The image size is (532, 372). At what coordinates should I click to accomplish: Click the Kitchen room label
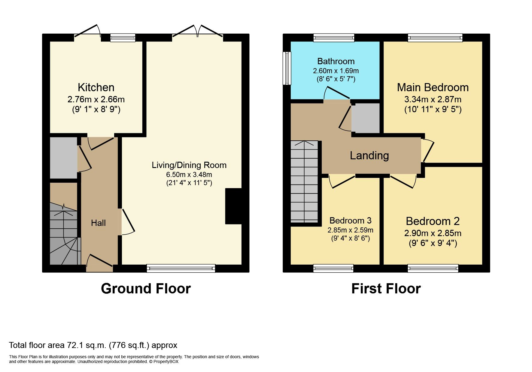pyautogui.click(x=96, y=88)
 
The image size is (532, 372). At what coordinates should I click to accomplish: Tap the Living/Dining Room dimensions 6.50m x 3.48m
pyautogui.click(x=189, y=175)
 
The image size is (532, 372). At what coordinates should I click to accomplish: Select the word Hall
pyautogui.click(x=98, y=223)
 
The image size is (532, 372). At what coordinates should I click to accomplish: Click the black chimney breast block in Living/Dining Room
pyautogui.click(x=233, y=206)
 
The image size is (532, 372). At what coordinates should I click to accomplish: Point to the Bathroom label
pyautogui.click(x=336, y=61)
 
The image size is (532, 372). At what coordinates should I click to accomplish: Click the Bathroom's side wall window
pyautogui.click(x=287, y=68)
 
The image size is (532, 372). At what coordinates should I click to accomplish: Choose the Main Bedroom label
pyautogui.click(x=433, y=88)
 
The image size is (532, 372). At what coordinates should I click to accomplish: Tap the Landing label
pyautogui.click(x=369, y=155)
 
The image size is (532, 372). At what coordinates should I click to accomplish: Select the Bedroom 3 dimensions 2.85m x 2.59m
pyautogui.click(x=350, y=230)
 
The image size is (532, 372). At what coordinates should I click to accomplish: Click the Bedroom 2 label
pyautogui.click(x=433, y=221)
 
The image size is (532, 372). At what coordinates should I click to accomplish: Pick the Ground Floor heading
pyautogui.click(x=146, y=289)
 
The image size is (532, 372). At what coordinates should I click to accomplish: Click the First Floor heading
pyautogui.click(x=386, y=289)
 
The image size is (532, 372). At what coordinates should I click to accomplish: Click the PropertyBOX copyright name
pyautogui.click(x=166, y=362)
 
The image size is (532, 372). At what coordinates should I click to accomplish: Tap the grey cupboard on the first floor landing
pyautogui.click(x=366, y=118)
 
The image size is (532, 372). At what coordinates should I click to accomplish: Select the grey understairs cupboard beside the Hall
pyautogui.click(x=63, y=158)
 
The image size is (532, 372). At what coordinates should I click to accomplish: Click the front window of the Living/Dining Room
pyautogui.click(x=181, y=268)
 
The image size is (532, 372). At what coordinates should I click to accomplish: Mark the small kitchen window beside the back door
pyautogui.click(x=123, y=37)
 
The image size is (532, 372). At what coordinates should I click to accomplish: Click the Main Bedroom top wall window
pyautogui.click(x=435, y=37)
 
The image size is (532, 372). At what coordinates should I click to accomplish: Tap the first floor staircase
pyautogui.click(x=304, y=181)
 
